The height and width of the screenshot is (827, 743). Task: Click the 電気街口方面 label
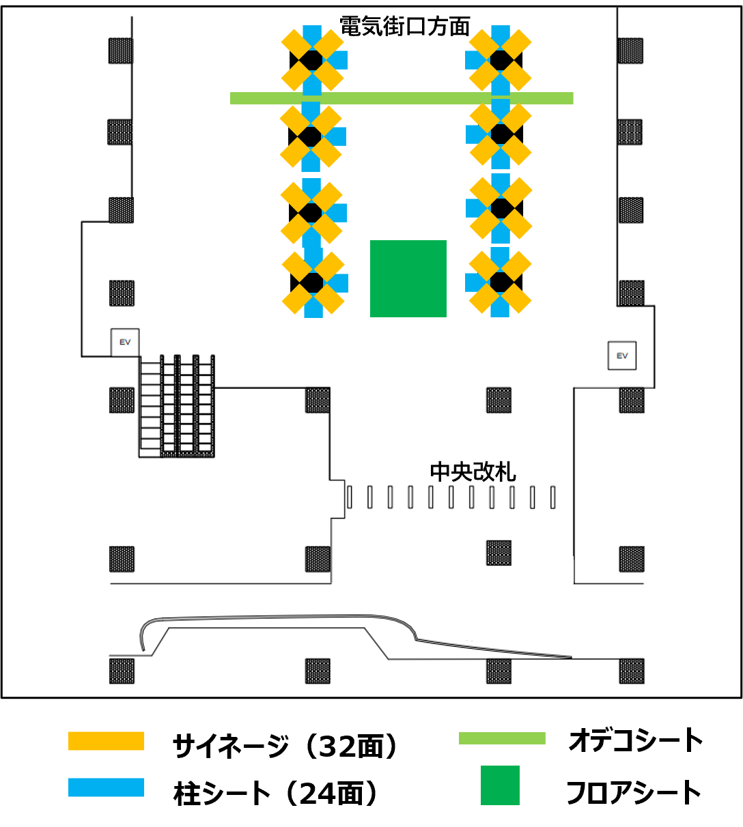click(404, 27)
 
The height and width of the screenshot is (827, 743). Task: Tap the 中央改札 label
click(473, 472)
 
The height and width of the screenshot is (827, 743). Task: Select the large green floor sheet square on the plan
click(408, 278)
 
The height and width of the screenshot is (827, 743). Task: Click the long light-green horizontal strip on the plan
click(402, 98)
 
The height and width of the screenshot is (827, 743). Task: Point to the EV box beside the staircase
click(125, 343)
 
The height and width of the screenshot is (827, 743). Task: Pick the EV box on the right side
click(621, 356)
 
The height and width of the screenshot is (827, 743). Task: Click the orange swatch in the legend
click(107, 741)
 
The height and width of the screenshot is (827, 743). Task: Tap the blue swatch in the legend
click(107, 787)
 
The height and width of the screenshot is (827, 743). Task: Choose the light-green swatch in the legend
click(502, 738)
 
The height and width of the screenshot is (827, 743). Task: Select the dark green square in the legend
click(500, 785)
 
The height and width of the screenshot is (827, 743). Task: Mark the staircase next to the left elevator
click(176, 406)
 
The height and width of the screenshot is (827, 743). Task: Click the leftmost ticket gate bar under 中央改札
click(350, 497)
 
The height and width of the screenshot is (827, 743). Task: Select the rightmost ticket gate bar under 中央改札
click(552, 497)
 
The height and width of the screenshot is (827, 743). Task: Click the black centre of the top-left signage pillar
click(311, 60)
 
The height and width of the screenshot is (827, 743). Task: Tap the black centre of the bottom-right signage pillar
click(501, 282)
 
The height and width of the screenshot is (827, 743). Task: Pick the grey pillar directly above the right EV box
click(632, 293)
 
